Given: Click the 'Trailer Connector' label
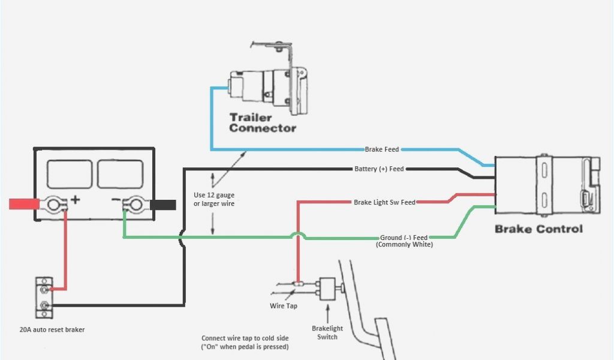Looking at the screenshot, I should tap(262, 122).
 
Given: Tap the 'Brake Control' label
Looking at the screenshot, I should tap(538, 229).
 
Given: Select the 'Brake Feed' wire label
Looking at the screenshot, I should tap(382, 149).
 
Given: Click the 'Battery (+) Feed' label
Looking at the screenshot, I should tap(379, 169).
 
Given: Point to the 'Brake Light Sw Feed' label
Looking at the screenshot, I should tap(384, 203).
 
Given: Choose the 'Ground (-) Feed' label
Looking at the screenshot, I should tap(404, 238).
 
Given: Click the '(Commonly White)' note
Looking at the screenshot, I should tap(404, 245).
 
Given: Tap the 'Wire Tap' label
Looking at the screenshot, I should tap(283, 306).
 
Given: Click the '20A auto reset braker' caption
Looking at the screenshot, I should tap(52, 329).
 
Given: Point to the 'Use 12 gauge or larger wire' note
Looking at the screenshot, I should tap(214, 199).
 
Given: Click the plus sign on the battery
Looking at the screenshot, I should tap(76, 200).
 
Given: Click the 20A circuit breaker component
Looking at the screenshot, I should tap(44, 297).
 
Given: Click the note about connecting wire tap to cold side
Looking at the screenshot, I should tap(245, 343).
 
